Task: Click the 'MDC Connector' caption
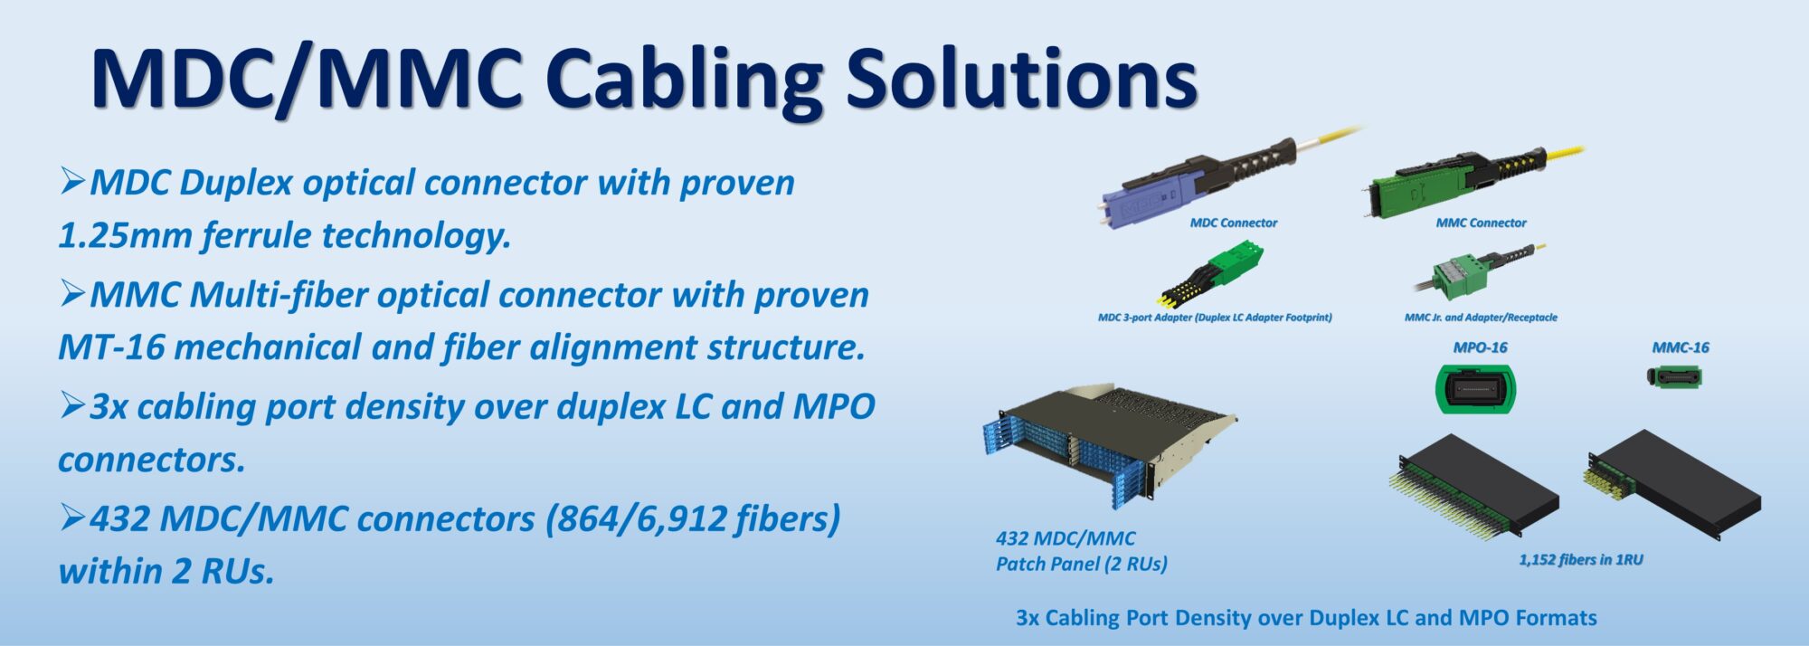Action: [1234, 223]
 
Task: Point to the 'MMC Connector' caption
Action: [1481, 223]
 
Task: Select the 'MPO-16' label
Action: [1480, 347]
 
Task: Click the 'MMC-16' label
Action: [1681, 347]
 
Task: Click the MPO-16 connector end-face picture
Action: [1475, 389]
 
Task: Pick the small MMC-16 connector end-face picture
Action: [1674, 376]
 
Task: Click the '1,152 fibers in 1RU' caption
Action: [1580, 560]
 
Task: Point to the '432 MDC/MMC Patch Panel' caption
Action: [1082, 551]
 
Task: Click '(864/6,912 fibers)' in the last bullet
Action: [693, 519]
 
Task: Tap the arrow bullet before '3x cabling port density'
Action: [72, 405]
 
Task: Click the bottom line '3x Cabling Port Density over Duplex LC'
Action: [1306, 618]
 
